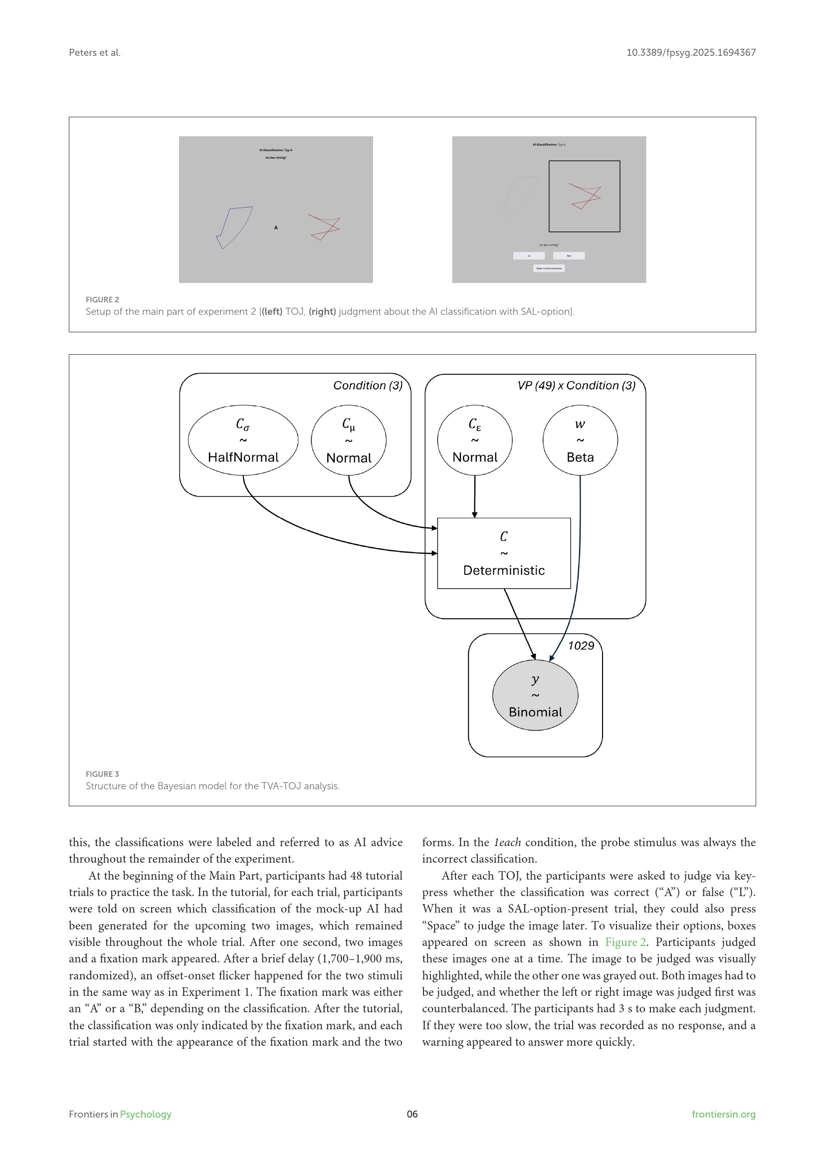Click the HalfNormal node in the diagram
pyautogui.click(x=243, y=440)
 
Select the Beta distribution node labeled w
pyautogui.click(x=580, y=440)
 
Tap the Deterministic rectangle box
pyautogui.click(x=503, y=553)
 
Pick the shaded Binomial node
pyautogui.click(x=535, y=696)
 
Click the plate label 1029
pyautogui.click(x=581, y=646)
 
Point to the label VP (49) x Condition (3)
pyautogui.click(x=576, y=385)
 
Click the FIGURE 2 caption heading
pyautogui.click(x=102, y=299)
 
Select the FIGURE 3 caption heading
pyautogui.click(x=102, y=774)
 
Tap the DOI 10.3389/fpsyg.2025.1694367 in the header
pyautogui.click(x=690, y=52)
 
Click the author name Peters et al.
pyautogui.click(x=94, y=52)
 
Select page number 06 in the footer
pyautogui.click(x=412, y=1114)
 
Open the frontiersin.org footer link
pyautogui.click(x=723, y=1114)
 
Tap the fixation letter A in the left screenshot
pyautogui.click(x=276, y=228)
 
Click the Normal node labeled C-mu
pyautogui.click(x=349, y=440)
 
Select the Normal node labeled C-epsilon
pyautogui.click(x=474, y=440)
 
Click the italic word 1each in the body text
pyautogui.click(x=506, y=842)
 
